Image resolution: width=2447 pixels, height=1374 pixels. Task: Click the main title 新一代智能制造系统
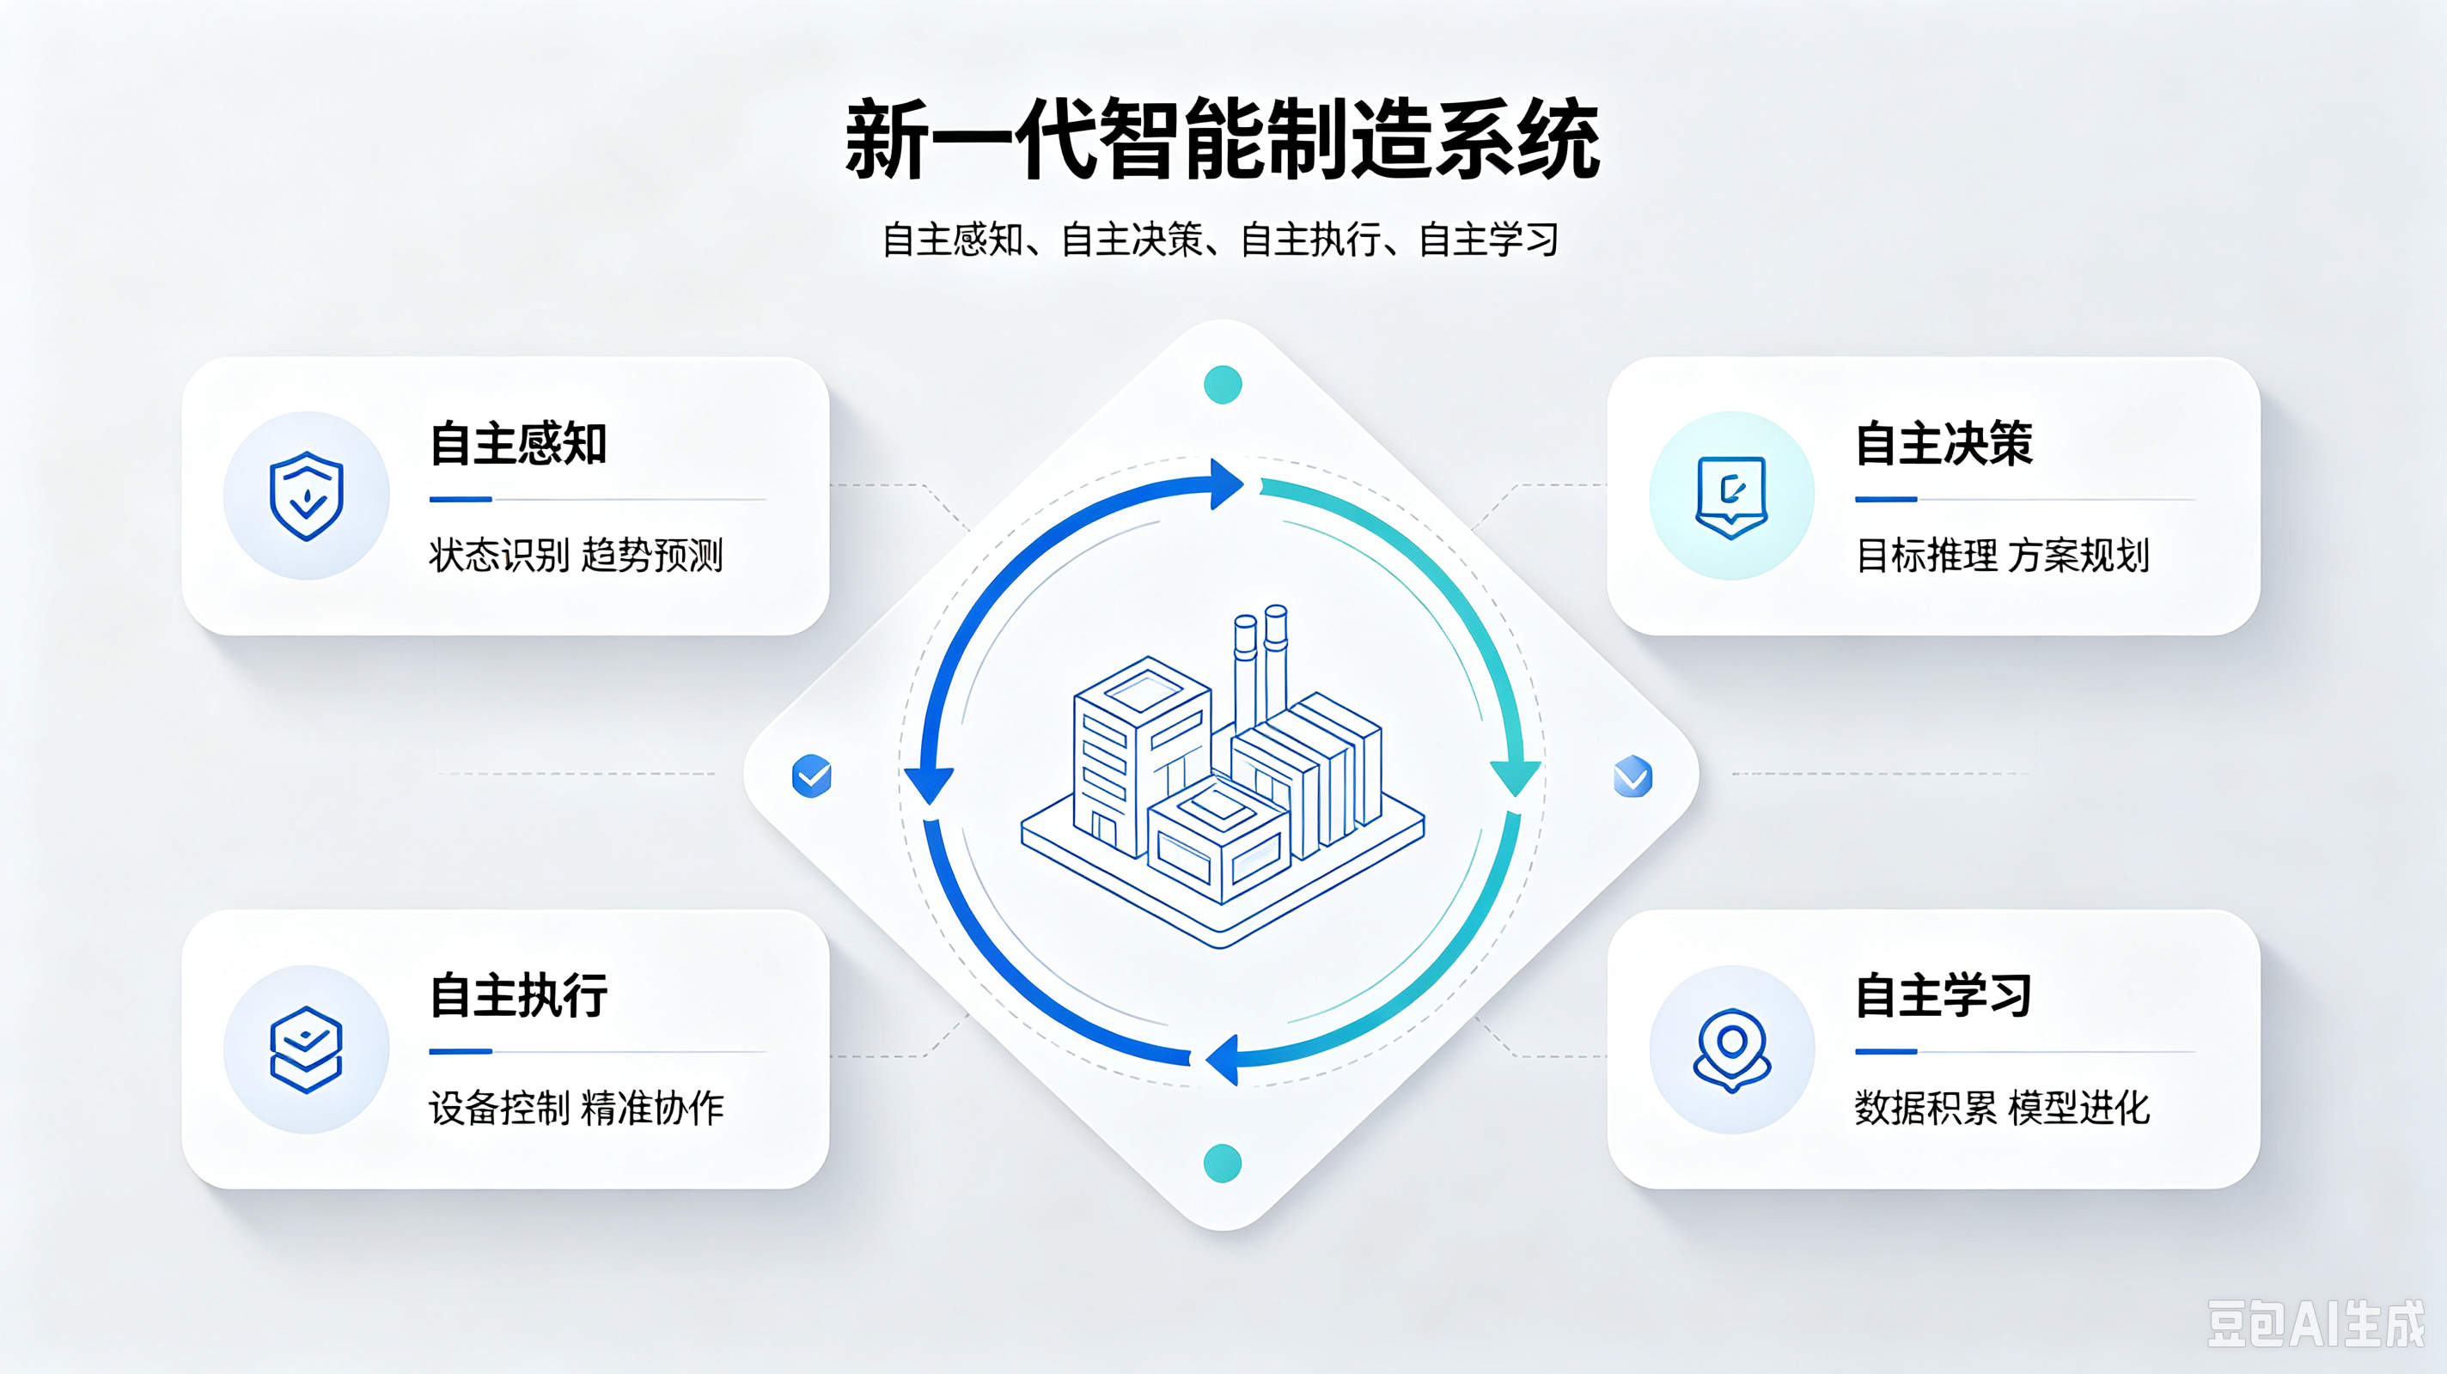tap(1223, 140)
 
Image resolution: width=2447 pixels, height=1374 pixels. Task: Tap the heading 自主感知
tap(518, 443)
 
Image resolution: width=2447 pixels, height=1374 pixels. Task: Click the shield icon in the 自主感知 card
tap(306, 495)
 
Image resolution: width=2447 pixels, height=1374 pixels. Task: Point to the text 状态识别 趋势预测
tap(576, 555)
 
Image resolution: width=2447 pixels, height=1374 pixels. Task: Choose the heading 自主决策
tap(1944, 443)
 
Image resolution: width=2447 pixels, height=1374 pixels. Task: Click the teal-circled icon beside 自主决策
tap(1731, 496)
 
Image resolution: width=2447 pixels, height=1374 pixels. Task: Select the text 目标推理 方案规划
tap(2003, 555)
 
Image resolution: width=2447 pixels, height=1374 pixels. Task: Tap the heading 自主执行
tap(518, 995)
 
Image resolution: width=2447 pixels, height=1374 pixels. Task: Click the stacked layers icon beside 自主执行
tap(306, 1049)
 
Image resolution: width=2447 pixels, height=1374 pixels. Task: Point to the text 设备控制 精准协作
tap(576, 1108)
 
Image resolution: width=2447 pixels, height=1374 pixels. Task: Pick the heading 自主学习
tap(1944, 995)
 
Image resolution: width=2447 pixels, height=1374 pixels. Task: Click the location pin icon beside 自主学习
tap(1731, 1049)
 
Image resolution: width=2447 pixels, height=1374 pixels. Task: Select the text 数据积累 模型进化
tap(2003, 1108)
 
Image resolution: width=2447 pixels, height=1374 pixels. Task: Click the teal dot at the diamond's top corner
tap(1223, 385)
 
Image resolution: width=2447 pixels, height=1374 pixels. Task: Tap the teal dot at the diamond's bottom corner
tap(1223, 1164)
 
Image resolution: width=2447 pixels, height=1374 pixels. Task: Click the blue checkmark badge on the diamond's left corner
tap(812, 775)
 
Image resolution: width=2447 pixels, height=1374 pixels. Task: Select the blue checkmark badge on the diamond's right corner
tap(1633, 775)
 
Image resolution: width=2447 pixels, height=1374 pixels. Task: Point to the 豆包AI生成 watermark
tap(2315, 1323)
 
